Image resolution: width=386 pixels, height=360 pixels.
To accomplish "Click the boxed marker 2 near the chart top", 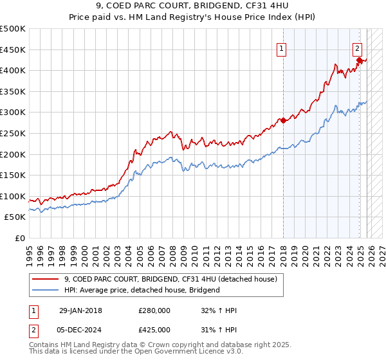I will pyautogui.click(x=357, y=47).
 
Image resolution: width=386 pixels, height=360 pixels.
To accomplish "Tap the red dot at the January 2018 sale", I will pyautogui.click(x=283, y=120).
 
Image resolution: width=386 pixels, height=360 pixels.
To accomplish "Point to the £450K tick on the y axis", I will pyautogui.click(x=13, y=50).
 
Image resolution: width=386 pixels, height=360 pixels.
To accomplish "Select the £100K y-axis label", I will pyautogui.click(x=13, y=196).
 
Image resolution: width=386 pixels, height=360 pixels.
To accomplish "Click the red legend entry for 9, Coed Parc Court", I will pyautogui.click(x=170, y=279).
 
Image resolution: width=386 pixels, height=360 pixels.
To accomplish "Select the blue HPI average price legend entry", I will pyautogui.click(x=142, y=290).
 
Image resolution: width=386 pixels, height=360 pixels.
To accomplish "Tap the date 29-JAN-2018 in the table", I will pyautogui.click(x=80, y=310).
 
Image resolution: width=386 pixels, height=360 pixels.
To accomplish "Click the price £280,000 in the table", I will pyautogui.click(x=154, y=310).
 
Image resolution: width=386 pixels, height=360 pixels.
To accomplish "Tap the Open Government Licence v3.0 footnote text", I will pyautogui.click(x=161, y=352).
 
